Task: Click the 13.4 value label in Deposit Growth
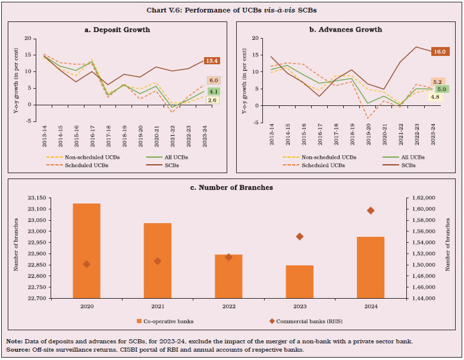coord(212,61)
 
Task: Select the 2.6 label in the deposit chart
coord(212,101)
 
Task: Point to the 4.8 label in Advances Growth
coord(435,96)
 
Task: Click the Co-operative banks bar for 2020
coord(86,250)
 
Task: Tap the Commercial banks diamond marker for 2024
coord(371,211)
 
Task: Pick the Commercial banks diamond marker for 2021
coord(158,261)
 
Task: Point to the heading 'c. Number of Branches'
coord(231,187)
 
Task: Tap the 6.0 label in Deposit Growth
coord(212,80)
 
